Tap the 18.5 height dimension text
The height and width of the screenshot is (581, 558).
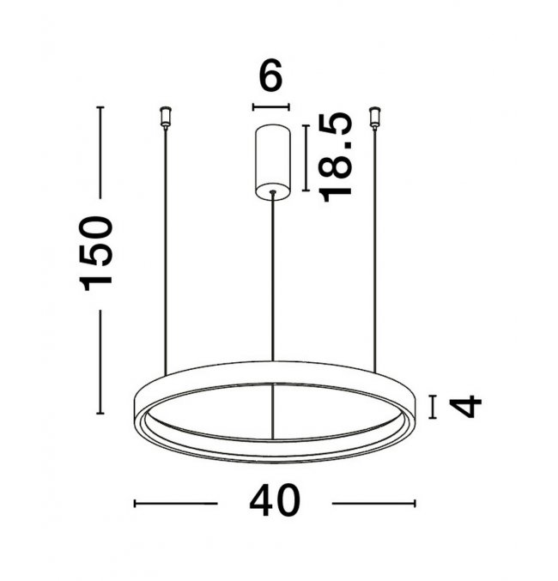pos(335,157)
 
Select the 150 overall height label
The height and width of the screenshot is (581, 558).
pos(95,254)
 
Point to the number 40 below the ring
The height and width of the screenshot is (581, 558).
pos(275,500)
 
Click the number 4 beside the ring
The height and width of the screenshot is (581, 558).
pos(465,407)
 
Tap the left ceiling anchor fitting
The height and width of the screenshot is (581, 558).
pos(165,118)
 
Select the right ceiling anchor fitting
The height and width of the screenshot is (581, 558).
pos(375,118)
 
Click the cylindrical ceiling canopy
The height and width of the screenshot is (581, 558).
pos(273,162)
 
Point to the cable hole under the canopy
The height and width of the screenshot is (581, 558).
pos(273,191)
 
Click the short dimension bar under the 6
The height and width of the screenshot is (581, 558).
pos(270,107)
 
